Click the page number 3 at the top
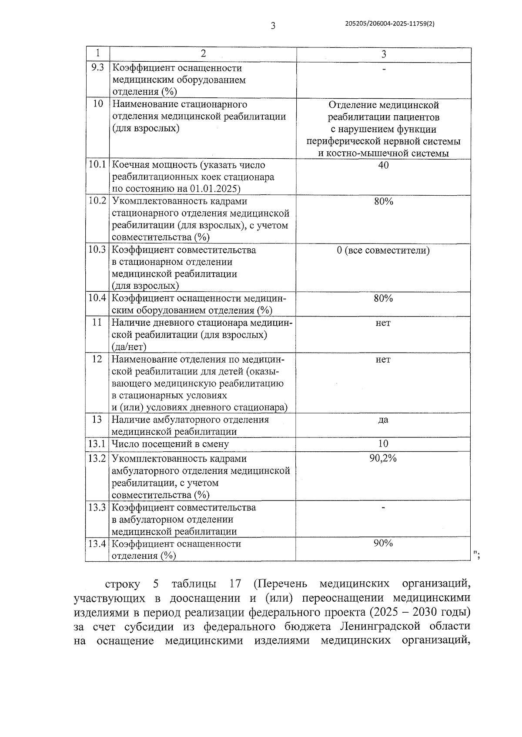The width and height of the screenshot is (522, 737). (x=273, y=26)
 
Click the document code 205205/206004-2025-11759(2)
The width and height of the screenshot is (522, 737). (x=389, y=24)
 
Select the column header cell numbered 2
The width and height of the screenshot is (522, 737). (x=203, y=53)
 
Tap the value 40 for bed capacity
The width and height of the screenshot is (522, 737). (x=383, y=165)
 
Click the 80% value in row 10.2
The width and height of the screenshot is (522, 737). (x=383, y=201)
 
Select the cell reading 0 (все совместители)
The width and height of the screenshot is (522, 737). (x=383, y=250)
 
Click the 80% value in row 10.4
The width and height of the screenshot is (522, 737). (x=383, y=298)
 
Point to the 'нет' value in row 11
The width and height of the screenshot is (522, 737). (x=383, y=323)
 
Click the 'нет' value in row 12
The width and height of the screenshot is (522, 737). (x=383, y=360)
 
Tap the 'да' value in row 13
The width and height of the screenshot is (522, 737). (x=383, y=420)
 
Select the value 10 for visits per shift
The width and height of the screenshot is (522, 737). (x=383, y=444)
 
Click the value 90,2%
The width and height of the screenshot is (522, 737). (x=383, y=459)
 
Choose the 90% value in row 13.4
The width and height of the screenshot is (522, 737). (x=383, y=544)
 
